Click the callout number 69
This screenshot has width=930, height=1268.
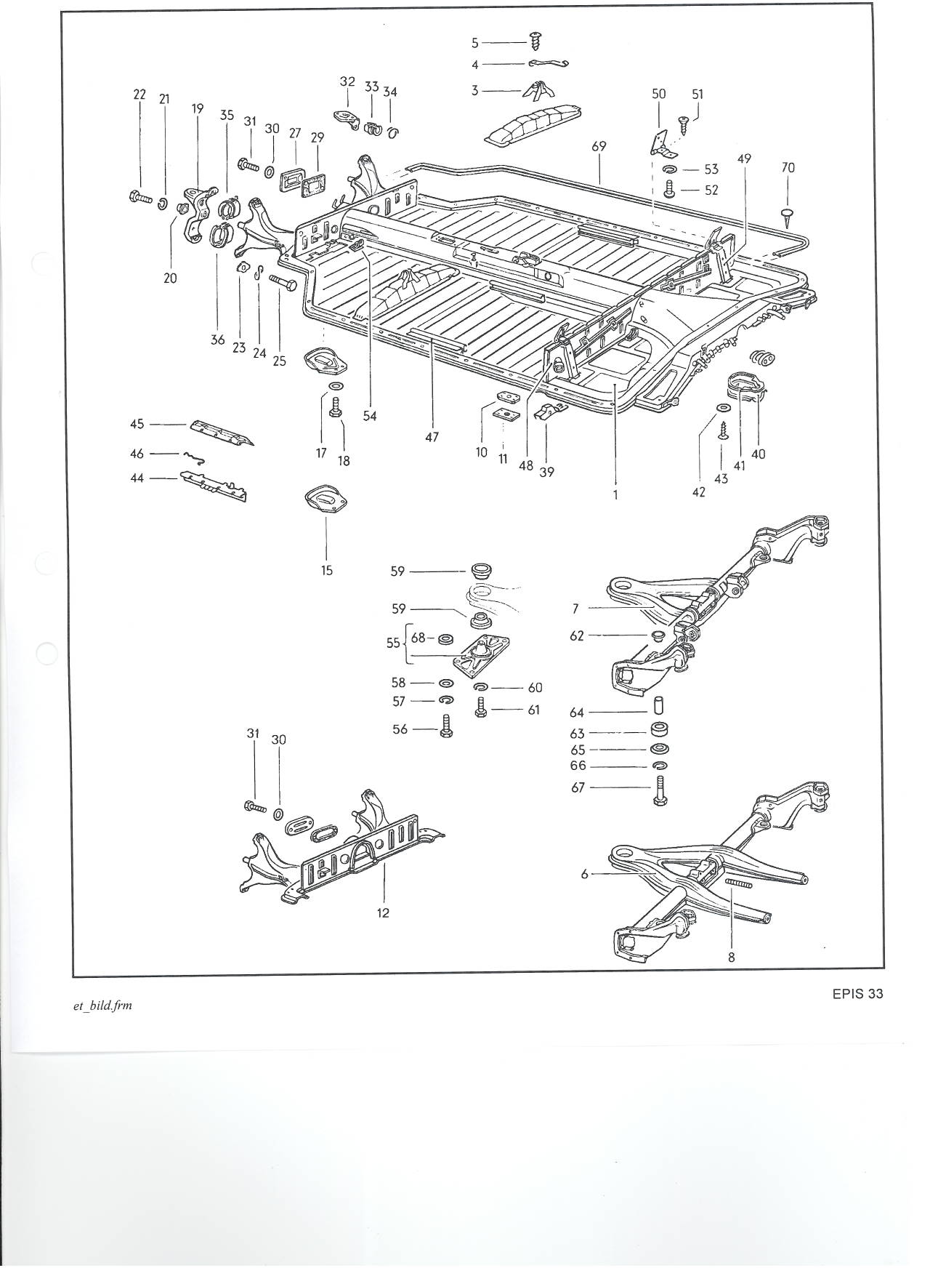[599, 146]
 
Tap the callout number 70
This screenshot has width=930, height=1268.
[788, 167]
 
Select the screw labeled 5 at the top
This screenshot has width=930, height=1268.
[537, 41]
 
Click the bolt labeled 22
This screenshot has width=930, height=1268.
[139, 196]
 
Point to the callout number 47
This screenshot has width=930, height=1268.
[432, 438]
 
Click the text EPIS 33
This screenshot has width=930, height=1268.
[857, 994]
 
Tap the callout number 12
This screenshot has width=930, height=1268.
[383, 912]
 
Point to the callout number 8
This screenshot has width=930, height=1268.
[732, 958]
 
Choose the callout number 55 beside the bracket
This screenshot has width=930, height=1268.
[393, 643]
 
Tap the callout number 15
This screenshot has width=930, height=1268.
[327, 571]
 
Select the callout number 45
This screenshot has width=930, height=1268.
[137, 424]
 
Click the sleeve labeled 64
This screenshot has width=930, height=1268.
[660, 707]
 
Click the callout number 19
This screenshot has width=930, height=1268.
[198, 109]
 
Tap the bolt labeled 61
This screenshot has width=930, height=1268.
[481, 707]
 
